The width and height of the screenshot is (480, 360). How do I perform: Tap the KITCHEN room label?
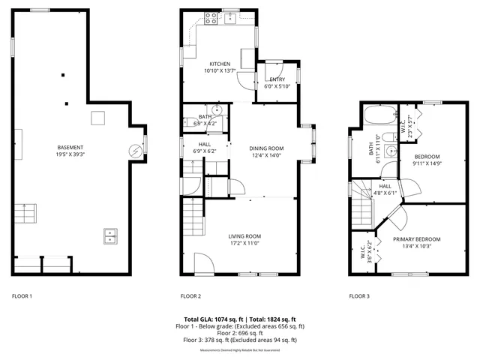point(220,64)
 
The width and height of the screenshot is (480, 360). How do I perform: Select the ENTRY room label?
point(277,79)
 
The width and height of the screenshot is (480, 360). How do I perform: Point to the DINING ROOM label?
point(266,148)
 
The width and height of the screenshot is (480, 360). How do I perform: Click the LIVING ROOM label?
point(244,236)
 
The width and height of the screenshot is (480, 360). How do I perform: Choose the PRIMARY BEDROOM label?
point(417,239)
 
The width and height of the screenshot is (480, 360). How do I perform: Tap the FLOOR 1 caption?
point(22,296)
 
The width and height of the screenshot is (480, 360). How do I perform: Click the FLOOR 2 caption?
point(190,296)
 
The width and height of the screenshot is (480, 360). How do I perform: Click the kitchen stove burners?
point(211,19)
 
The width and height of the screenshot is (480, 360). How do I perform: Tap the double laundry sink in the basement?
point(109,237)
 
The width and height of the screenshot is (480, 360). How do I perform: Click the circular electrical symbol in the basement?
point(136,151)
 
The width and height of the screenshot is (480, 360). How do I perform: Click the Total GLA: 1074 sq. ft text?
point(211,319)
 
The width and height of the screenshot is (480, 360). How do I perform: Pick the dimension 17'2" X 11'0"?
point(244,244)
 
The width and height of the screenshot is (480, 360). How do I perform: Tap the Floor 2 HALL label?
point(204,144)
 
